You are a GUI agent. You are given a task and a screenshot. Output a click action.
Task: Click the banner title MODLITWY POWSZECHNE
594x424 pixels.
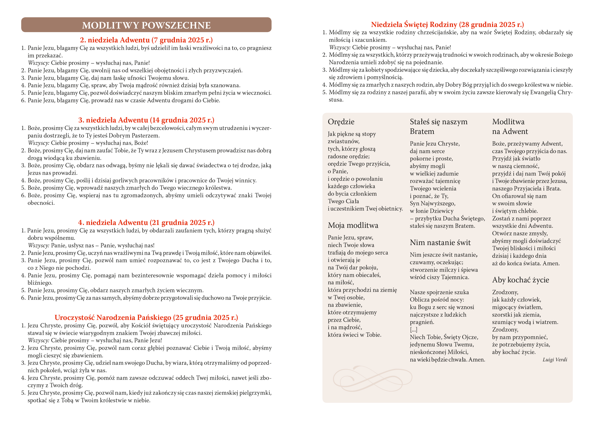tap(146, 25)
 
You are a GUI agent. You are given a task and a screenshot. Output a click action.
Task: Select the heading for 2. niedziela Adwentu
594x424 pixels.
tap(146, 40)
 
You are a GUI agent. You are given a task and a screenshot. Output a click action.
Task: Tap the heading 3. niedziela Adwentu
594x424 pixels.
tap(146, 120)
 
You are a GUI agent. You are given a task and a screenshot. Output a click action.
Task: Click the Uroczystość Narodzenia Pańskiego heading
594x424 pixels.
tap(146, 318)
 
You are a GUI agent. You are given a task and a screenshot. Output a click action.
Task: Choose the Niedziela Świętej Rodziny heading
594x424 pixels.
tap(447, 25)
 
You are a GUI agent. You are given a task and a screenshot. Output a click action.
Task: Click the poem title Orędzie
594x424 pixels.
tap(341, 122)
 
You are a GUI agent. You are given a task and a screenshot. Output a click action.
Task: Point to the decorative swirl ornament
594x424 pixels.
tap(372, 379)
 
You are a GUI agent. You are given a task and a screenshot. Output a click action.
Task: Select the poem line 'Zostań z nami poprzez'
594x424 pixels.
tap(521, 218)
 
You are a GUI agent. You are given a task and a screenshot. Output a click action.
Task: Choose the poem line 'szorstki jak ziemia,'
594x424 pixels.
tap(516, 315)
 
